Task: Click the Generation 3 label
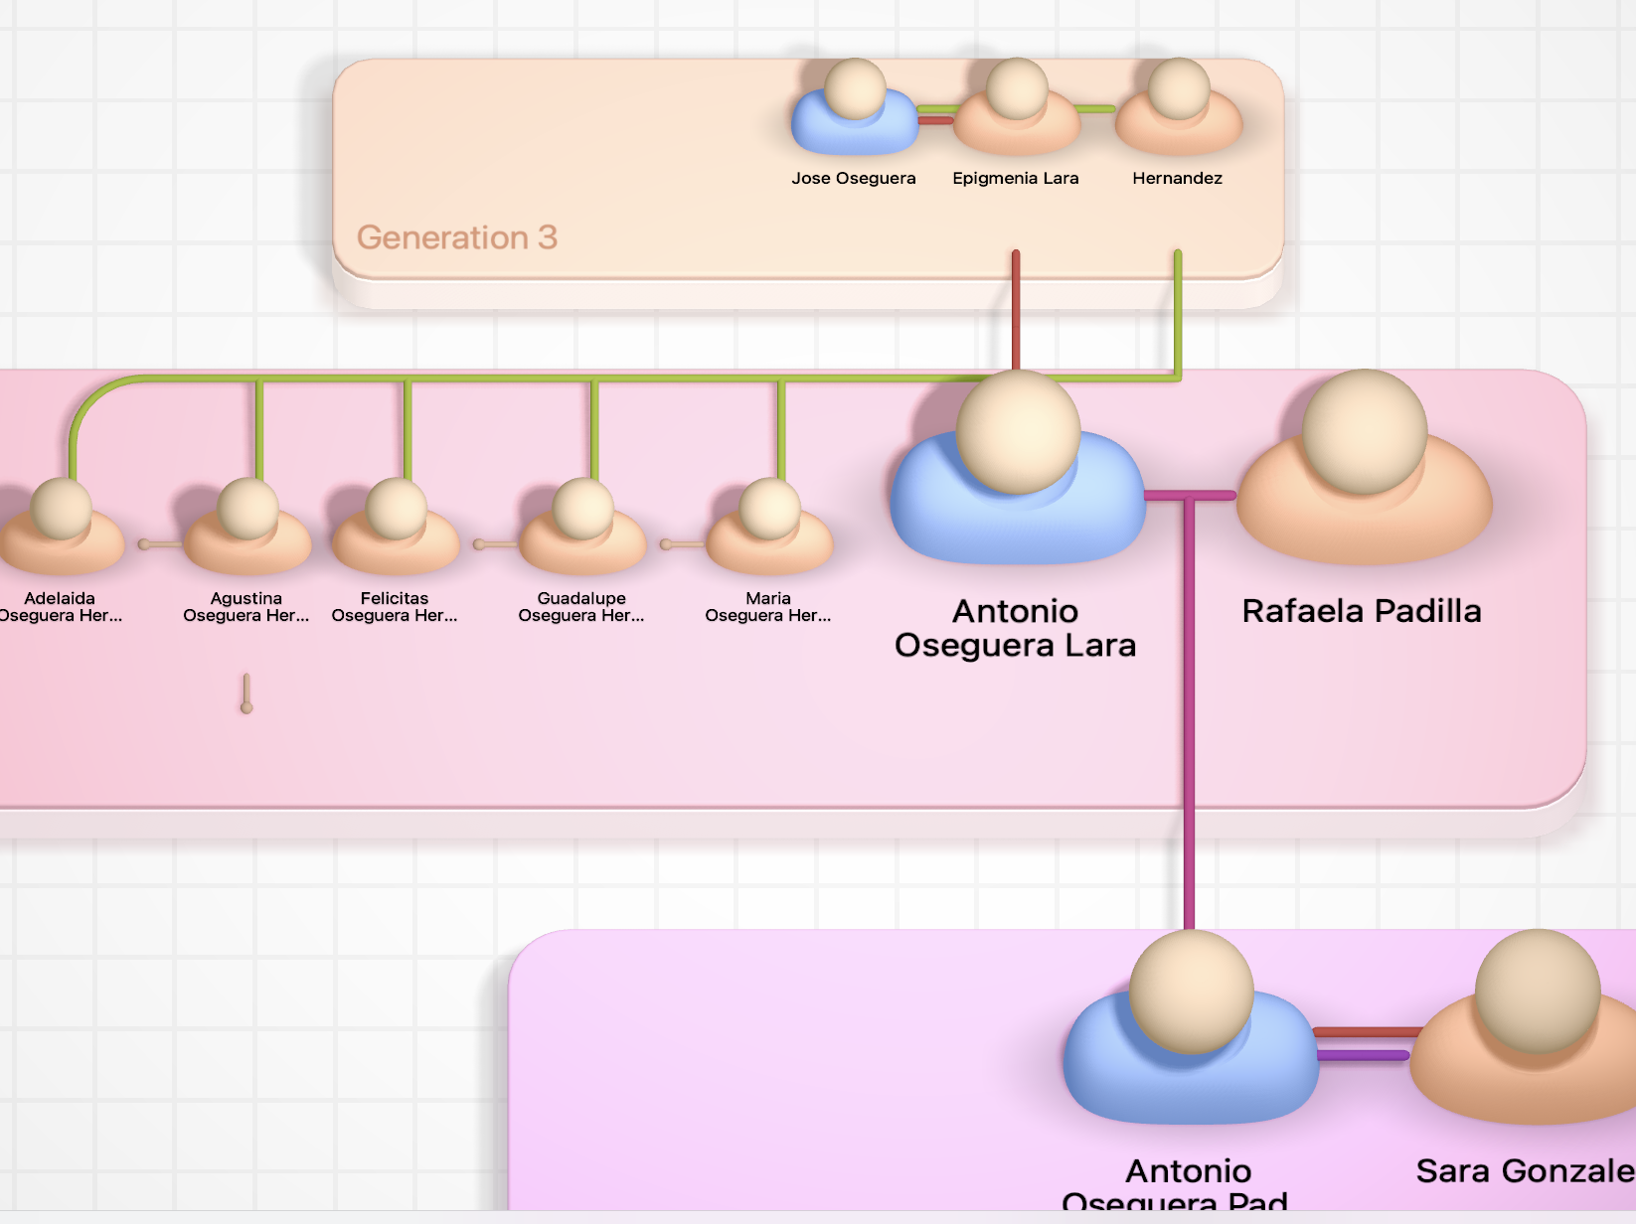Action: (x=457, y=237)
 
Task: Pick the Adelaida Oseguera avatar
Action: (x=61, y=527)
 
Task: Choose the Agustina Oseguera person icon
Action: (x=247, y=527)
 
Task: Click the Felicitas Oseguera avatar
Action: (x=396, y=527)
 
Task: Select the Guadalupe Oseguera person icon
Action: (x=582, y=527)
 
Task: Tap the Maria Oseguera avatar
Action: (x=769, y=527)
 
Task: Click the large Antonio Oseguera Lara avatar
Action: (x=1017, y=472)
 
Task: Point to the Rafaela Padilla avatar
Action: (x=1364, y=472)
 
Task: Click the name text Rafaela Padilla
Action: (x=1362, y=611)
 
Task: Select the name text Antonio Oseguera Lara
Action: (x=1015, y=628)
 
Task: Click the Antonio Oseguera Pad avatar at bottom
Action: (x=1190, y=1033)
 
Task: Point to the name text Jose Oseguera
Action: (x=854, y=179)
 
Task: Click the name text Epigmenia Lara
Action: (x=1016, y=179)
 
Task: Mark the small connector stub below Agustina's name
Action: (x=246, y=693)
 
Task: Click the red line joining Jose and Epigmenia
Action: (x=935, y=120)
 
